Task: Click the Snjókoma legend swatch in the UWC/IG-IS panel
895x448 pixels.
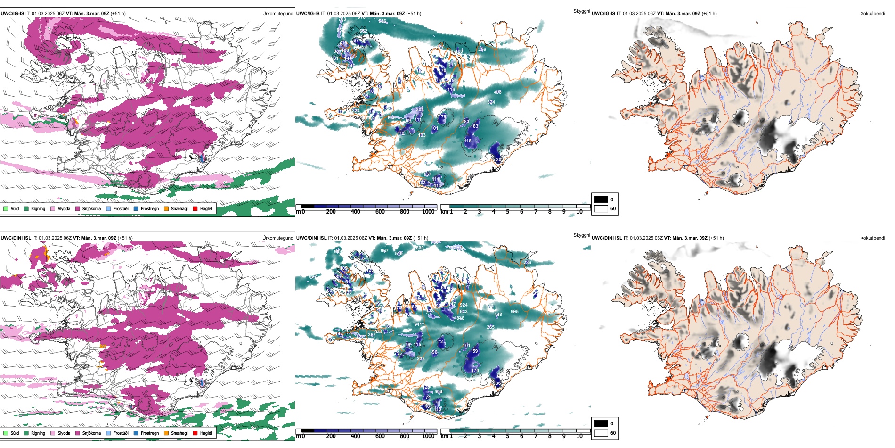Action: click(x=78, y=208)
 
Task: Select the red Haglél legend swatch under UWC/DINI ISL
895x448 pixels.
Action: click(x=195, y=433)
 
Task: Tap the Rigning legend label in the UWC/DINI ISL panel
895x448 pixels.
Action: click(x=38, y=433)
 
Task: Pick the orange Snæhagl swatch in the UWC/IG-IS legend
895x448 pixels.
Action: click(x=166, y=208)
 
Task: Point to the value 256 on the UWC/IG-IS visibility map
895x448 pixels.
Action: click(x=482, y=50)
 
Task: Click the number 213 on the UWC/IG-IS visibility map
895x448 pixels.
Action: click(x=452, y=65)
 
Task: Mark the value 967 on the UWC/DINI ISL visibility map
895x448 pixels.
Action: click(x=384, y=251)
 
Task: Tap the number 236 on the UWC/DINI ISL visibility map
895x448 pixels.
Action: click(x=527, y=263)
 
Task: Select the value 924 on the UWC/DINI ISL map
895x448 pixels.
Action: click(x=464, y=305)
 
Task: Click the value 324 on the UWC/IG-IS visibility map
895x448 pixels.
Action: click(x=491, y=102)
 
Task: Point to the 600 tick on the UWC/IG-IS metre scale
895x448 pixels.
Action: click(x=380, y=212)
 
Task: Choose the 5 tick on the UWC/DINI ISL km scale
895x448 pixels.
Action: click(x=508, y=436)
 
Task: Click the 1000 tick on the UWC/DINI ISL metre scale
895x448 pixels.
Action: click(x=428, y=436)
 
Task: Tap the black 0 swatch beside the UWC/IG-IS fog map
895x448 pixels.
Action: click(x=601, y=199)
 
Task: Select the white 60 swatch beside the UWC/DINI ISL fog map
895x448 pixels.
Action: click(x=601, y=433)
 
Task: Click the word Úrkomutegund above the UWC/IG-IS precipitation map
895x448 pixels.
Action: click(x=277, y=14)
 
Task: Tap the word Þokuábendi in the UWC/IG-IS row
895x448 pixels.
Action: click(x=872, y=14)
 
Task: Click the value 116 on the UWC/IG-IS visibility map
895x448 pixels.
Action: click(x=451, y=89)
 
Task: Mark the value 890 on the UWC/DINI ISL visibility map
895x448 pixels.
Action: click(x=419, y=248)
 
